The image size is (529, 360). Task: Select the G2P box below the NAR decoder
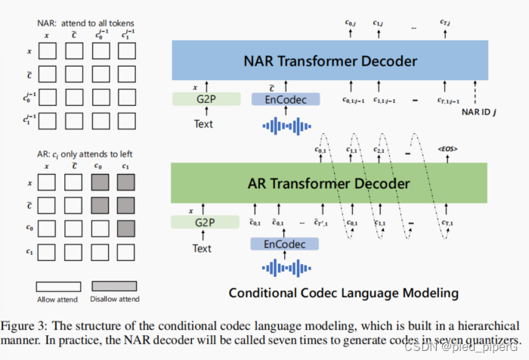tap(206, 99)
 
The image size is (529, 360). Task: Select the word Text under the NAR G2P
tap(203, 124)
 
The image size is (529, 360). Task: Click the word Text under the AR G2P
tap(203, 247)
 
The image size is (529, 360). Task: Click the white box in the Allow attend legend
tap(60, 287)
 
